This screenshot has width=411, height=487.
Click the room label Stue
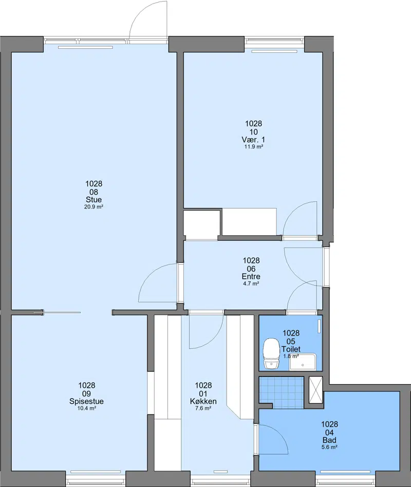click(94, 200)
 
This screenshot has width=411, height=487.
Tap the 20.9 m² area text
click(94, 207)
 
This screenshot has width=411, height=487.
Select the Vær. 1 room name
click(253, 139)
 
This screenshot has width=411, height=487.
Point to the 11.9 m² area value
click(253, 146)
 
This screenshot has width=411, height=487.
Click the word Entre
click(251, 276)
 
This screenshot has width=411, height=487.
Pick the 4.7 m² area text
click(251, 284)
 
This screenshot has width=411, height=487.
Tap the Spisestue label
click(86, 401)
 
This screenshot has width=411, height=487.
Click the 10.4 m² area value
click(86, 408)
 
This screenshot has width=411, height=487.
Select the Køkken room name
click(203, 401)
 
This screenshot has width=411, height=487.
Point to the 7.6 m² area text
click(203, 408)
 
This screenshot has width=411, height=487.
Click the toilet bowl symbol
click(271, 353)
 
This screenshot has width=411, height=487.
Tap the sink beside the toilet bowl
click(303, 362)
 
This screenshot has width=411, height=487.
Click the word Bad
click(329, 440)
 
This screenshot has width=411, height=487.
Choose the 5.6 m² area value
click(329, 447)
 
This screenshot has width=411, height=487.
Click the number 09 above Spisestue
click(86, 394)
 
